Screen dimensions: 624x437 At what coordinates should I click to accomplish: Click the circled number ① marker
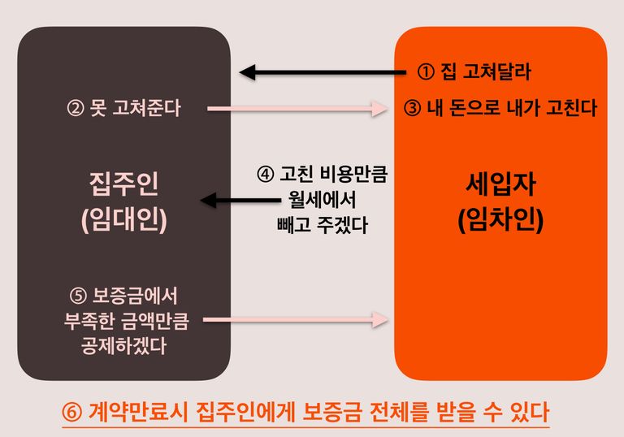(x=426, y=72)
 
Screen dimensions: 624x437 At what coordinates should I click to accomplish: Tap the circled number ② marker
(x=76, y=108)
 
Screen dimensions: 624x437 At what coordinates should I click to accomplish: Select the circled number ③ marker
(x=412, y=108)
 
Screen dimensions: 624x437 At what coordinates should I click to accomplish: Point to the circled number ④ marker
(x=266, y=174)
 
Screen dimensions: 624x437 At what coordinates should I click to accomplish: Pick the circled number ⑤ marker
(x=78, y=296)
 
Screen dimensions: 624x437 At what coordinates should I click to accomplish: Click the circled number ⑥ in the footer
(x=72, y=413)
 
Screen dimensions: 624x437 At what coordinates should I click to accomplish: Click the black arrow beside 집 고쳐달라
(x=323, y=72)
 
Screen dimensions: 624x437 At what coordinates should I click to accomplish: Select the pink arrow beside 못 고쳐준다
(x=297, y=108)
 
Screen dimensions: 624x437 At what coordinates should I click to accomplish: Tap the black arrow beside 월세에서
(x=240, y=200)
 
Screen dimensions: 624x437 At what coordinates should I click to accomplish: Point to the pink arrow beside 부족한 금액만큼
(x=296, y=319)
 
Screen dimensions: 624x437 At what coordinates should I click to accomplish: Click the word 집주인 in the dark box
(x=123, y=184)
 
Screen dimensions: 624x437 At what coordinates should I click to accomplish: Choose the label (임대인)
(x=123, y=219)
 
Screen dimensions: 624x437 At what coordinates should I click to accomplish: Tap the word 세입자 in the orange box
(x=500, y=184)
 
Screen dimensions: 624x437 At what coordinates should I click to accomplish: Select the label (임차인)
(x=500, y=219)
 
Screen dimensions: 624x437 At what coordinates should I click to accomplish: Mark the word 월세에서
(x=323, y=200)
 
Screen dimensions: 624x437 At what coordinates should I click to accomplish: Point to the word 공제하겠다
(x=123, y=345)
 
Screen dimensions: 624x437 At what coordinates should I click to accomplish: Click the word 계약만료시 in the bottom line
(x=137, y=412)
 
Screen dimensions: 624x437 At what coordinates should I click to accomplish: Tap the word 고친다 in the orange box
(x=571, y=108)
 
